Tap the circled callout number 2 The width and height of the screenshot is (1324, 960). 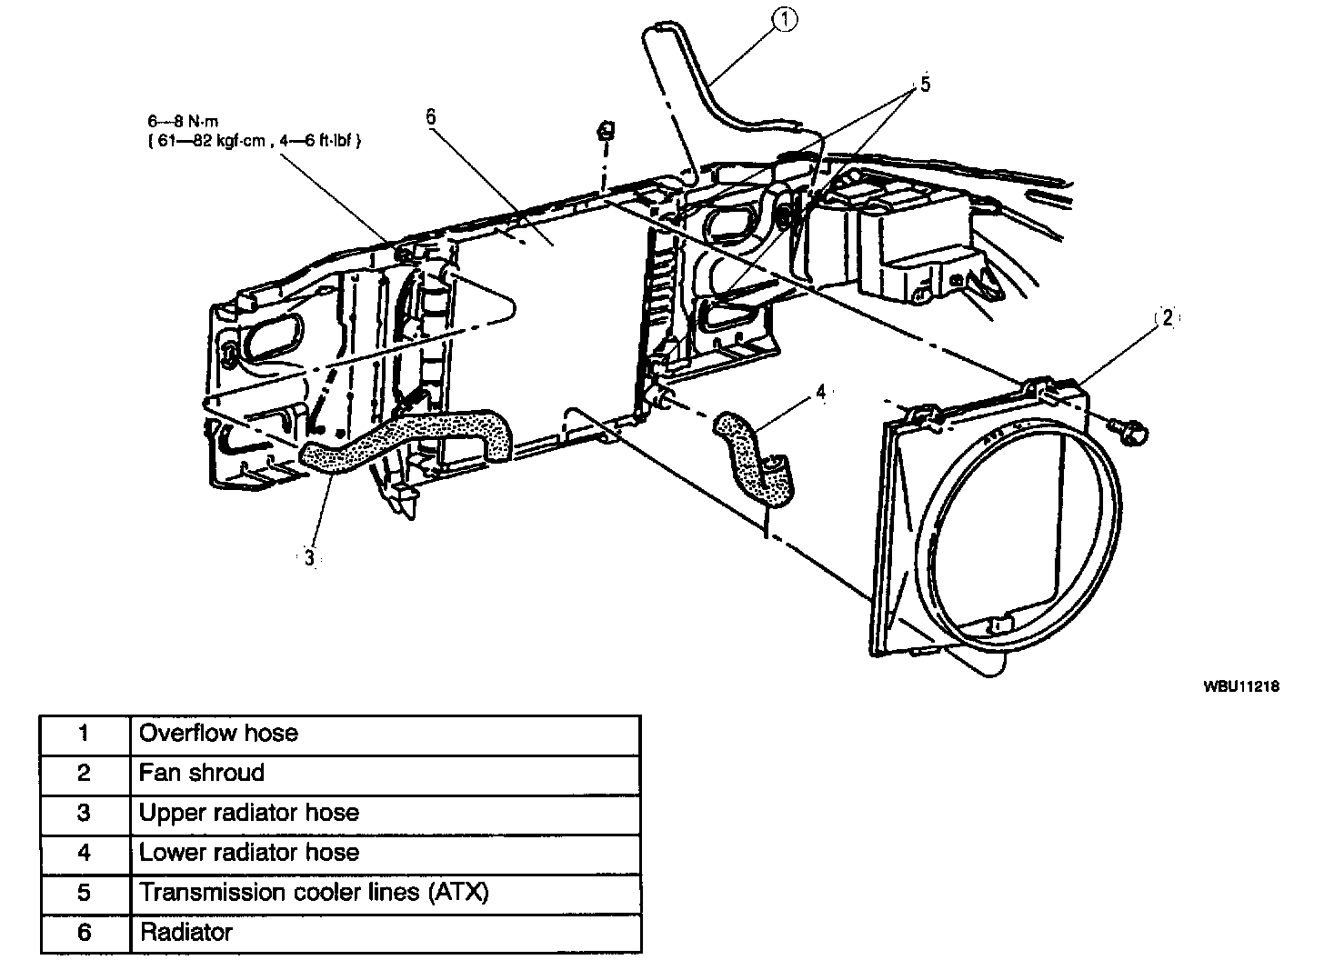(x=1167, y=318)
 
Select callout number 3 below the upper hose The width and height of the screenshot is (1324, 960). (x=309, y=558)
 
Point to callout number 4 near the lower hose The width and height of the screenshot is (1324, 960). (x=820, y=392)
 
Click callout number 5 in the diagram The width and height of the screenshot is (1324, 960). (x=925, y=85)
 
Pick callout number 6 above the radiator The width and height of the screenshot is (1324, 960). (x=431, y=116)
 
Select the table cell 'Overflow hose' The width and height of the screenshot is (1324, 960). (x=218, y=733)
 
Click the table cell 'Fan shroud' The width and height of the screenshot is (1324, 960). (x=202, y=773)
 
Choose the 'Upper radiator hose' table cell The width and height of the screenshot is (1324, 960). (x=248, y=813)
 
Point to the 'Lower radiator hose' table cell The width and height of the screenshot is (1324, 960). (x=248, y=853)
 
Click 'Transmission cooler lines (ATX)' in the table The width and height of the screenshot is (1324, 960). (x=314, y=893)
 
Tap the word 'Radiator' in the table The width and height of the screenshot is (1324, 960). (x=186, y=933)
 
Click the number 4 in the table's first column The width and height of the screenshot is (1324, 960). (x=85, y=853)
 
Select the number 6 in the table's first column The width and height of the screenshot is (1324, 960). (x=85, y=933)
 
